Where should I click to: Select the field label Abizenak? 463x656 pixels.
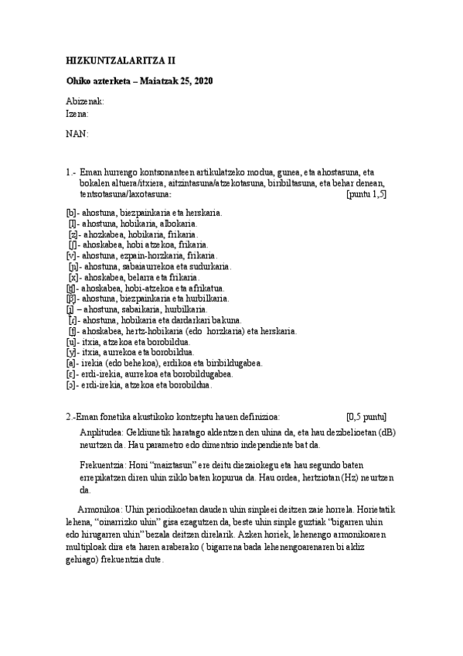(x=85, y=102)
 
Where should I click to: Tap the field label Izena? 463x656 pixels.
(x=78, y=113)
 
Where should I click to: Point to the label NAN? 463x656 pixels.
(x=77, y=134)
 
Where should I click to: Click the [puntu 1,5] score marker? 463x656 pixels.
(x=367, y=193)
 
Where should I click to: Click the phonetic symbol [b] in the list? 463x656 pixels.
(x=71, y=211)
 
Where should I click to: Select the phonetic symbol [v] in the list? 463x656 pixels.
(x=71, y=255)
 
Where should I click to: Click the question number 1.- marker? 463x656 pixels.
(x=72, y=172)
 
